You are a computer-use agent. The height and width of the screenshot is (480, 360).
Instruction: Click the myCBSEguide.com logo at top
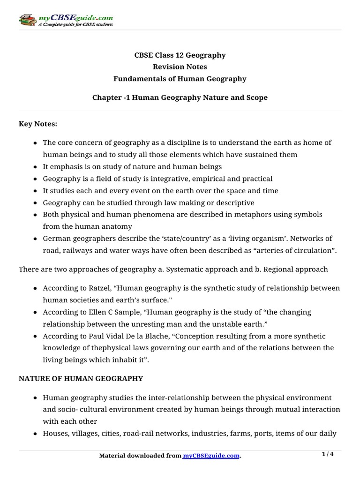(x=66, y=20)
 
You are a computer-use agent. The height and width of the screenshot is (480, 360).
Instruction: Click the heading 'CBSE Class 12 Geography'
(x=180, y=55)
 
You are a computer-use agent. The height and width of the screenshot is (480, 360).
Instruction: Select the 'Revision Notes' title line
(x=180, y=67)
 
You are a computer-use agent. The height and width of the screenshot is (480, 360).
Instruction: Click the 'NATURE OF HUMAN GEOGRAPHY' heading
(x=81, y=378)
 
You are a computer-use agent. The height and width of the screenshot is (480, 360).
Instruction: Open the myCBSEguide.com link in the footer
(x=211, y=456)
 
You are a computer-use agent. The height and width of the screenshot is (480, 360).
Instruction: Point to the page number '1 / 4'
(x=328, y=454)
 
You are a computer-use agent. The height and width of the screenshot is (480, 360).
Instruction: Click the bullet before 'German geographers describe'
(x=36, y=239)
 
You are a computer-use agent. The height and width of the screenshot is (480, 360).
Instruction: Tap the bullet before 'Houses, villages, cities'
(x=36, y=434)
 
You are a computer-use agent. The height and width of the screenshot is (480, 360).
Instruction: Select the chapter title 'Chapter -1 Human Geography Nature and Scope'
(x=180, y=97)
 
